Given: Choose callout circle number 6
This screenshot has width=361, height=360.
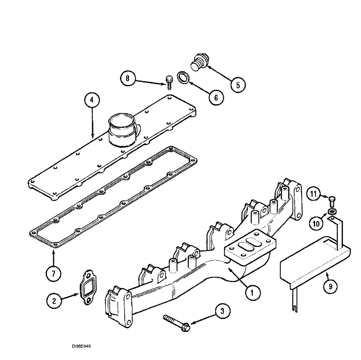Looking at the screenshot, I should click(x=216, y=97).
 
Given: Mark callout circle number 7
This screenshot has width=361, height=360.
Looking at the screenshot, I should click(x=53, y=274).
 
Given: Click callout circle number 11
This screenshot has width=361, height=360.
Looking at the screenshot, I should click(x=313, y=195).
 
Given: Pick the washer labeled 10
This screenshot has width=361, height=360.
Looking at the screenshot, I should click(x=331, y=211).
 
